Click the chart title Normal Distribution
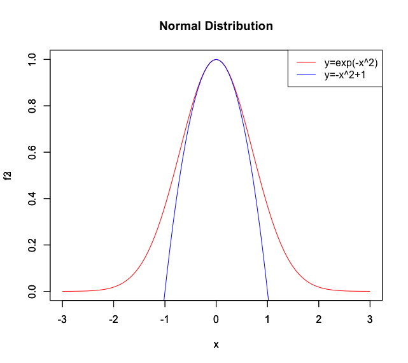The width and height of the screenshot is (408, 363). click(216, 26)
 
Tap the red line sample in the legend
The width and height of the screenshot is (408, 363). click(306, 62)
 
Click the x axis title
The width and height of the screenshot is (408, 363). click(216, 345)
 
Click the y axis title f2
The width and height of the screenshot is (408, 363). click(9, 175)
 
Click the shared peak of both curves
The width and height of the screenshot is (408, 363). click(216, 59)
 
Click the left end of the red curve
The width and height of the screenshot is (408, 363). click(62, 291)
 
